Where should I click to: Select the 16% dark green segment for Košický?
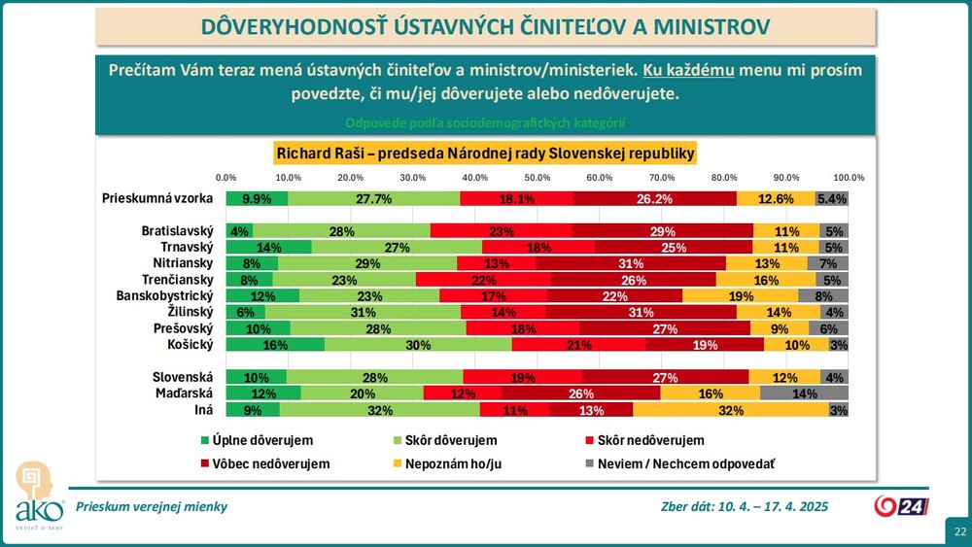point(275,344)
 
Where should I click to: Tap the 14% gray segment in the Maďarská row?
point(805,393)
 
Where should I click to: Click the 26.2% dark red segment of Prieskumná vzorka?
point(654,198)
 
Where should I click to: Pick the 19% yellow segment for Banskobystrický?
point(741,295)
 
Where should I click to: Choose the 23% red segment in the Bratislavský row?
point(502,231)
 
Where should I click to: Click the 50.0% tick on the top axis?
point(538,177)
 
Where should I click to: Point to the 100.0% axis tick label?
point(849,177)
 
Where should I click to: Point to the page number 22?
point(959,531)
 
